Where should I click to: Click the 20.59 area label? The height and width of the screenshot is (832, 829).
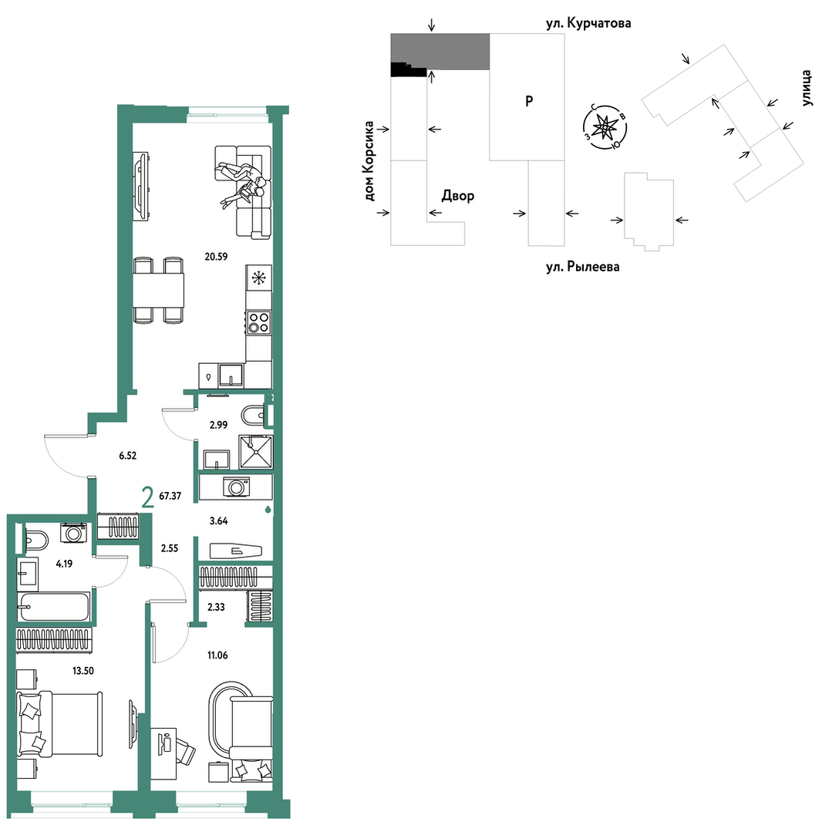216,257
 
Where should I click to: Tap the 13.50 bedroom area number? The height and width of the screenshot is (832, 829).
83,671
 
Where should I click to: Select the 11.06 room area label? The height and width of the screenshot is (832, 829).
217,655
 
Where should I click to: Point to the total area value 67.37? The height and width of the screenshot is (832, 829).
170,496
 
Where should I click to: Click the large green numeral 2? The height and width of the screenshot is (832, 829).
147,497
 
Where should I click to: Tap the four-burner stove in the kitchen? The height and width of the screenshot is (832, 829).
259,322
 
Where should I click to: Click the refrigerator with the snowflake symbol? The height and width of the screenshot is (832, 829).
259,278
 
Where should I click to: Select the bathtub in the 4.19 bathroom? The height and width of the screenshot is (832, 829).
54,607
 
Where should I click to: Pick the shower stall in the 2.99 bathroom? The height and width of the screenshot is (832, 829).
256,452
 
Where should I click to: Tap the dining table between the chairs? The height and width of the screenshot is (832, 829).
158,290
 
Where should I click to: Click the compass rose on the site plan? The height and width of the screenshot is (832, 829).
605,127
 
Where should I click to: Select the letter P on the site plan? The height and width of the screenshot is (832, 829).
529,101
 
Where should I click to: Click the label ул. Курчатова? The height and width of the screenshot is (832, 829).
588,23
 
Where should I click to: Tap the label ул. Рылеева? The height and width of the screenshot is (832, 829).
583,266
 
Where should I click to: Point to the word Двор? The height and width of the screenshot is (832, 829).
458,196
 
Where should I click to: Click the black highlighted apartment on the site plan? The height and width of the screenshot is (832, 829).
409,69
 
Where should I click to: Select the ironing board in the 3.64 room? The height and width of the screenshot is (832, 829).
236,551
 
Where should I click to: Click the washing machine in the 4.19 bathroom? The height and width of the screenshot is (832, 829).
73,533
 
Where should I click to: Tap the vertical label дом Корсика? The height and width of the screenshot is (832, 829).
369,161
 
